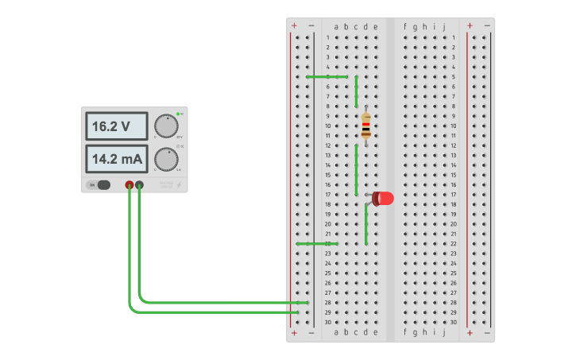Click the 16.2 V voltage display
pyautogui.click(x=116, y=126)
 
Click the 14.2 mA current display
pyautogui.click(x=116, y=159)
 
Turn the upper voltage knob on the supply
pyautogui.click(x=165, y=126)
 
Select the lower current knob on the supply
pyautogui.click(x=165, y=159)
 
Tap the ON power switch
pyautogui.click(x=99, y=185)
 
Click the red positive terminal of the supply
pyautogui.click(x=130, y=185)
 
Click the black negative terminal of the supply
pyautogui.click(x=140, y=185)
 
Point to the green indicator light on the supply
pyautogui.click(x=179, y=114)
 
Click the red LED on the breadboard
pyautogui.click(x=384, y=199)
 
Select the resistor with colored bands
pyautogui.click(x=365, y=126)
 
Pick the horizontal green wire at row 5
pyautogui.click(x=327, y=77)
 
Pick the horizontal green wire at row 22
pyautogui.click(x=317, y=244)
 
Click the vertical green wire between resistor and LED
pyautogui.click(x=356, y=169)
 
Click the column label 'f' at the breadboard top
pyautogui.click(x=405, y=26)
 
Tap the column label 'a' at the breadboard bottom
pyautogui.click(x=336, y=332)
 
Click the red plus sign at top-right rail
pyautogui.click(x=470, y=25)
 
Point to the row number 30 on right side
pyautogui.click(x=454, y=322)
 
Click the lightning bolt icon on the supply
pyautogui.click(x=179, y=185)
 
